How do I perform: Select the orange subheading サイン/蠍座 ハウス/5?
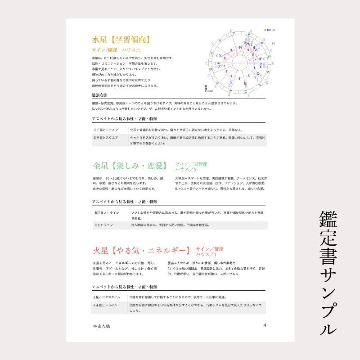pos(117,49)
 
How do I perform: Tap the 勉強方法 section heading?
pos(100,95)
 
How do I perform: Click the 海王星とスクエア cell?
pos(106,137)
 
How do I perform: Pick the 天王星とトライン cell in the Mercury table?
pos(106,130)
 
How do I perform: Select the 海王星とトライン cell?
pos(107,212)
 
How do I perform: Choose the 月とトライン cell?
pos(103,224)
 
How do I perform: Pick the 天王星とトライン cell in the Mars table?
pos(106,305)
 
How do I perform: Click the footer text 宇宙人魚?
pos(101,325)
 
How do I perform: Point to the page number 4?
pos(265,325)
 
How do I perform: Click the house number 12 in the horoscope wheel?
pos(225,58)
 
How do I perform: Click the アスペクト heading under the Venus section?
pos(125,202)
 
